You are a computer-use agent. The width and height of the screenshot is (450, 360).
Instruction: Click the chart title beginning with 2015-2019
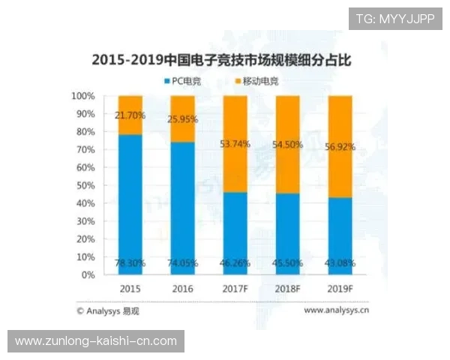(225, 59)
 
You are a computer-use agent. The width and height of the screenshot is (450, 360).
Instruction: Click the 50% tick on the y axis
(85, 185)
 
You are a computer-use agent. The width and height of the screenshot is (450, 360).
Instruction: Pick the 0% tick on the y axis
(88, 274)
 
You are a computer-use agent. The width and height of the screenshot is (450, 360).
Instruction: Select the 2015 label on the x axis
(130, 289)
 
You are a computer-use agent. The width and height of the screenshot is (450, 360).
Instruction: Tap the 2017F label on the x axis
(235, 289)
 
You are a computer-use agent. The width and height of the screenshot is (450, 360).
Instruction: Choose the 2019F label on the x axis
(340, 289)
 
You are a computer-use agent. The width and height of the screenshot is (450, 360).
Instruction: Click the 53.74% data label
(235, 144)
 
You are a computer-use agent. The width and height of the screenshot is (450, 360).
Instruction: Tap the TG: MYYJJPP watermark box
(394, 19)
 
